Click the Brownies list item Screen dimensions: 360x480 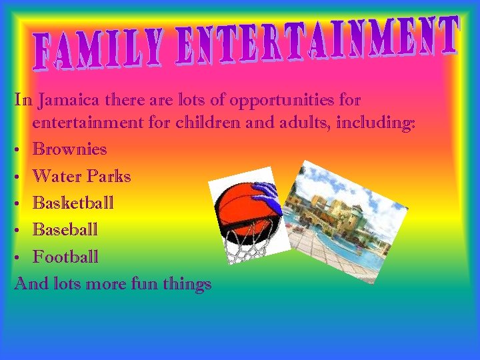point(69,149)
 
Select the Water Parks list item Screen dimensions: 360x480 point(81,176)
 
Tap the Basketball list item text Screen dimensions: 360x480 point(73,203)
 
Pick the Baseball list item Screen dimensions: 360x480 point(65,229)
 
